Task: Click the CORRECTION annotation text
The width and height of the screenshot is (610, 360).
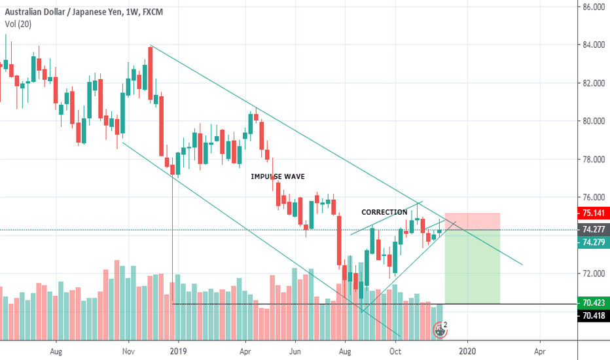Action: click(x=384, y=212)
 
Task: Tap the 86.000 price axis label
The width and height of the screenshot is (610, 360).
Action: click(x=592, y=7)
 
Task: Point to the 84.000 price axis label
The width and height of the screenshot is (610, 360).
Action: click(x=592, y=45)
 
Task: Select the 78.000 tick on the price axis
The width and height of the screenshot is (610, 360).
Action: click(x=592, y=160)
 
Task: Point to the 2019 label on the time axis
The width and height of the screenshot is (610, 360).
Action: click(x=179, y=351)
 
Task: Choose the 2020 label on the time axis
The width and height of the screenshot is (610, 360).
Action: click(x=467, y=351)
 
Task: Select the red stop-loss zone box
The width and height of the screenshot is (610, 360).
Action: click(x=472, y=221)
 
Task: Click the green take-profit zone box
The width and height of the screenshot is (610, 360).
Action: click(x=472, y=266)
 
